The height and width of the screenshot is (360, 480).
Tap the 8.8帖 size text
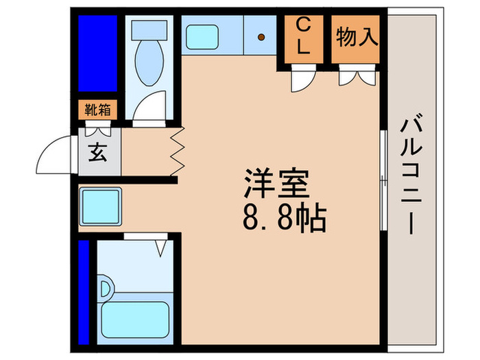point(283,218)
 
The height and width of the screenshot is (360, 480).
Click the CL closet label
point(302,37)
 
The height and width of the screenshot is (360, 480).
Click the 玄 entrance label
point(99,152)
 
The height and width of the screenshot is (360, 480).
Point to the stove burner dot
point(261,36)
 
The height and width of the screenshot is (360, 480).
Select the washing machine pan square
point(100,204)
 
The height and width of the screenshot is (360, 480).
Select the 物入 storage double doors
point(357,77)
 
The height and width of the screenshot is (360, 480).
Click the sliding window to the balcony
point(382,178)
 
